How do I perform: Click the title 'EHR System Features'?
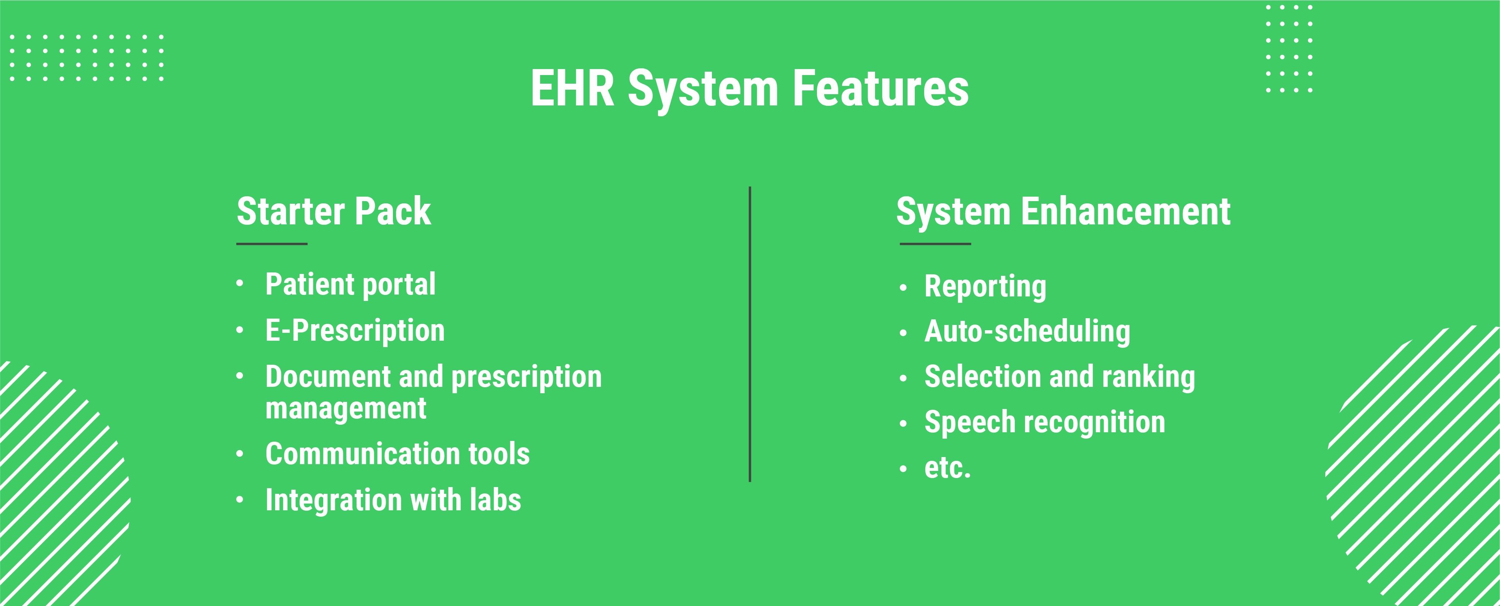pos(749,90)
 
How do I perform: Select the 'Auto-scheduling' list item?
pos(1027,332)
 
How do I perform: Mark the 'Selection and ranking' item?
pos(1060,377)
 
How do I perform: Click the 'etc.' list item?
pos(947,468)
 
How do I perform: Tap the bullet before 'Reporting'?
pos(903,287)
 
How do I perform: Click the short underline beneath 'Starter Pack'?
pos(272,244)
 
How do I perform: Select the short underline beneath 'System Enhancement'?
pos(935,244)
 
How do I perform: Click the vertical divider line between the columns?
pos(750,334)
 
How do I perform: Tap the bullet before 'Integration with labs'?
pos(239,500)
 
